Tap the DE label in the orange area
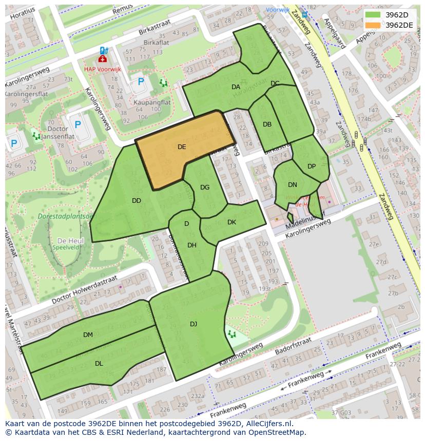[182, 147]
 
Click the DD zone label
[136, 201]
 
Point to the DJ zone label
[194, 324]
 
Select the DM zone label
[88, 335]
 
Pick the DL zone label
[99, 364]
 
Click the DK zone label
[231, 222]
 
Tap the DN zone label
[293, 185]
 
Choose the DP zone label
[312, 166]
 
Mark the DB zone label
[267, 124]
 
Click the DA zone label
[236, 87]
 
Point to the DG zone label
[205, 187]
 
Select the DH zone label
[192, 245]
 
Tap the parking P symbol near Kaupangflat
[141, 81]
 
